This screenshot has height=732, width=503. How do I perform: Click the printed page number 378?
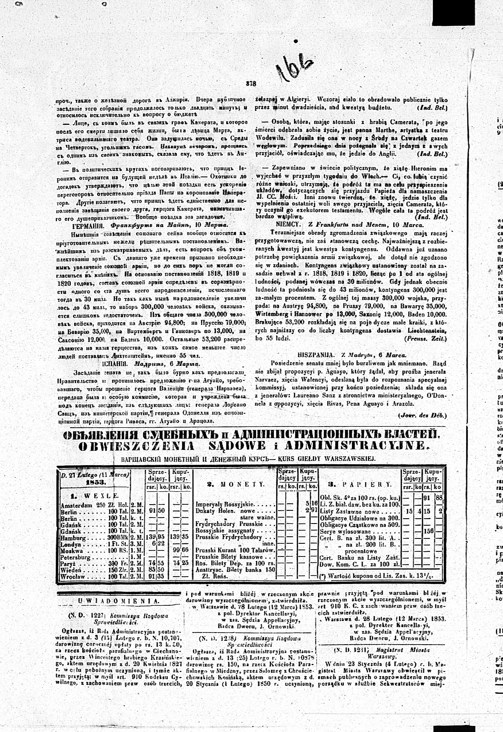251,84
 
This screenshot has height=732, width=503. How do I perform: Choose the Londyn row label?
71,545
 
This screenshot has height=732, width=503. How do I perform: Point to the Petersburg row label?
76,558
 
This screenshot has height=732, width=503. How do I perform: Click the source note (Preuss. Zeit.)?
425,339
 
